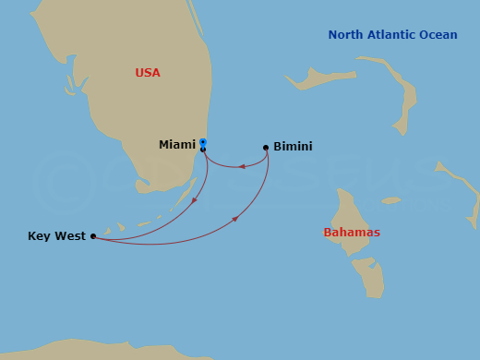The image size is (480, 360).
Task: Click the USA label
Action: coord(148,73)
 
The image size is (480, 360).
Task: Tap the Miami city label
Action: coord(177,145)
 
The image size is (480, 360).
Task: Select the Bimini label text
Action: coord(293,147)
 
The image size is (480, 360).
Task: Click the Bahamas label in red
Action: coord(352,233)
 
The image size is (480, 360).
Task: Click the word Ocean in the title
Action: coord(439,35)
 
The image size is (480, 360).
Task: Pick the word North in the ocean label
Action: coord(346,35)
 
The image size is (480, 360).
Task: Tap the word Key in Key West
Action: coord(40,236)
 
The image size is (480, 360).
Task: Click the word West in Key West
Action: coord(70,236)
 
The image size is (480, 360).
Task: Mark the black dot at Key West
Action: coord(93,236)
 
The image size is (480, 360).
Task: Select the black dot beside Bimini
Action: coord(266,147)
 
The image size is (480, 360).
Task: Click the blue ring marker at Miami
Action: coord(202,142)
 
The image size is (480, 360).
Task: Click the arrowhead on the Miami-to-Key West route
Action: coord(194,200)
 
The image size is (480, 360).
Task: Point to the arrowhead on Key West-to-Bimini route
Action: coord(235,219)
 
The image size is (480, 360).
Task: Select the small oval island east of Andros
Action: coord(391,200)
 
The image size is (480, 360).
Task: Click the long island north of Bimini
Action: coord(318,78)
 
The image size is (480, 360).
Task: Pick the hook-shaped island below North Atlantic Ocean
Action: coord(402,92)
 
